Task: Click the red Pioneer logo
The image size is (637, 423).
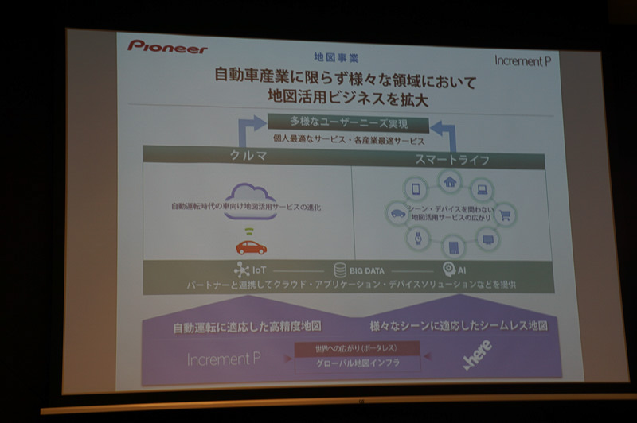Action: (167, 47)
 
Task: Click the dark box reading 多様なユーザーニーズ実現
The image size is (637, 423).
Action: (348, 125)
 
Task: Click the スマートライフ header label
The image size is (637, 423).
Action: (451, 160)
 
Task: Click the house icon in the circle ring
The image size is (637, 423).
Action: (450, 182)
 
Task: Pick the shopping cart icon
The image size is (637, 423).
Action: (504, 213)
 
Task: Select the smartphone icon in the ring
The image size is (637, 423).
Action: (415, 189)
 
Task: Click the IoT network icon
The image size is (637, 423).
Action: (241, 270)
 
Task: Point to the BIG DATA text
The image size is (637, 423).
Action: (366, 271)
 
